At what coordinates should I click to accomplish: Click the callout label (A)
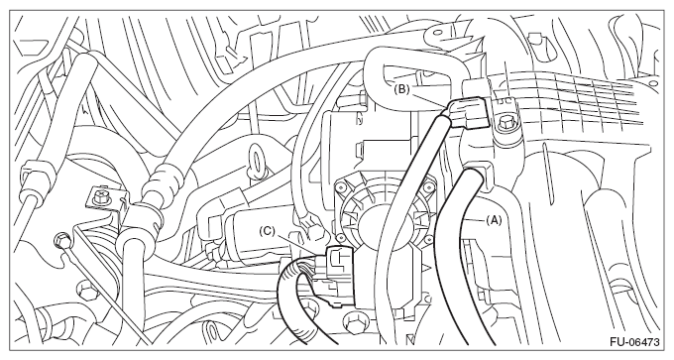coord(494,220)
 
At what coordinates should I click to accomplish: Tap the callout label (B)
coord(400,90)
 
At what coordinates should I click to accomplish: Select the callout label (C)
coord(267,231)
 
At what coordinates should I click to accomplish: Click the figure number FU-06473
coord(634,342)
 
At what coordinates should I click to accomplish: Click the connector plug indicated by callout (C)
coord(340,276)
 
